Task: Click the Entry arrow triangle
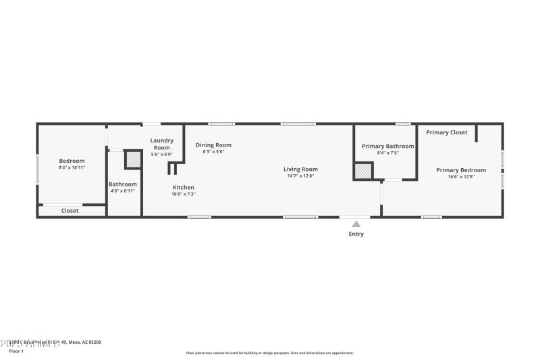tap(356, 224)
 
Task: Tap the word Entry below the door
tap(356, 234)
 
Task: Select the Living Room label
tap(300, 170)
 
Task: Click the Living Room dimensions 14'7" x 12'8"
tap(300, 176)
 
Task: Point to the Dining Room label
tap(213, 145)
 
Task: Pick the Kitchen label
tap(184, 187)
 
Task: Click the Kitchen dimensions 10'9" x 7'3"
tap(184, 194)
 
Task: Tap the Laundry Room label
tap(161, 144)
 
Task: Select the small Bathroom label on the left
tap(123, 184)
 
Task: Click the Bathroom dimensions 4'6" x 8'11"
tap(123, 191)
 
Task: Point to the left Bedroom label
tap(72, 161)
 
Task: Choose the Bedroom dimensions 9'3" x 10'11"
tap(72, 168)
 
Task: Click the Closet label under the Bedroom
tap(70, 211)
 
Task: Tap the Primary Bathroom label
tap(388, 146)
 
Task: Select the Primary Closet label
tap(447, 132)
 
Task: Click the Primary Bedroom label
tap(461, 170)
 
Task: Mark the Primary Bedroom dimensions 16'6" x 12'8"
tap(461, 177)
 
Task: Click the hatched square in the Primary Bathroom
tap(364, 172)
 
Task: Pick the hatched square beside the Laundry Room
tap(133, 159)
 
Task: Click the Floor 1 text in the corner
tap(16, 351)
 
